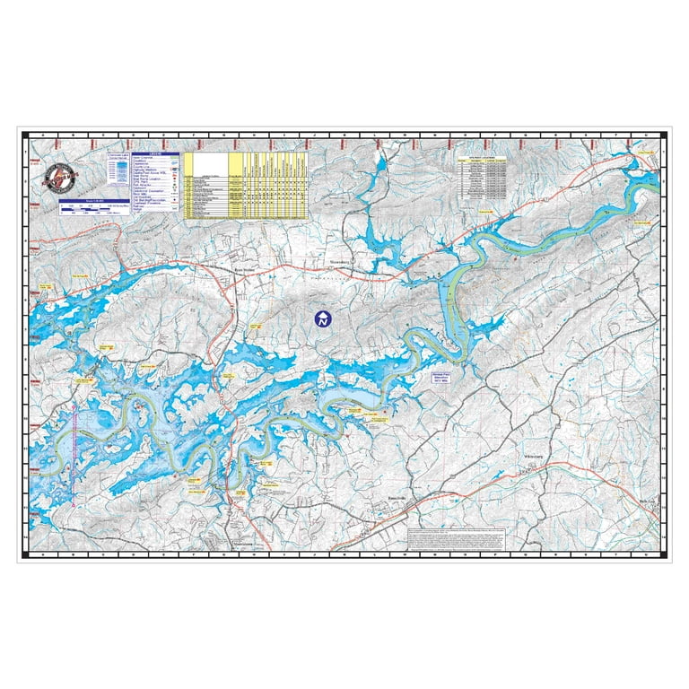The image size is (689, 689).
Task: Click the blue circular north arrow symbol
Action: (322, 318)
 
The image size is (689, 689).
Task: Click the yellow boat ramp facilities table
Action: (245, 185)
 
